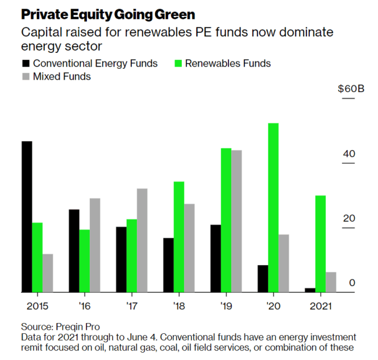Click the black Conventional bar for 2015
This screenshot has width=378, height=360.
coord(27,217)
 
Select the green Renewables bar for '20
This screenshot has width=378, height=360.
coord(273,208)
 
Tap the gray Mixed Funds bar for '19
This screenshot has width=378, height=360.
coord(237,221)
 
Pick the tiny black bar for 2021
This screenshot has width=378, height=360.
coord(310,290)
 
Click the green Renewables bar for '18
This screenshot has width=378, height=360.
coord(179,237)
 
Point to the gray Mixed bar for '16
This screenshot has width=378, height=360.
coord(95,245)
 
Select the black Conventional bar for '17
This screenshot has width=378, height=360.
coord(121,259)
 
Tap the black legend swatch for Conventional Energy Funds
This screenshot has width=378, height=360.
coord(25,63)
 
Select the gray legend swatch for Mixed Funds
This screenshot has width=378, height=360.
coord(25,76)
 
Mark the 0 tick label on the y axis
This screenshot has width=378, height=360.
coord(352,283)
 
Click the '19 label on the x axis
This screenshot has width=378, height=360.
coord(226,305)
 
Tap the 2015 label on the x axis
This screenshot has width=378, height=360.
coord(37,305)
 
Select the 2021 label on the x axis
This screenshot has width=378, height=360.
coord(321,305)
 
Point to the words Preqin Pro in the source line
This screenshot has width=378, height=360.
coord(77,327)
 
